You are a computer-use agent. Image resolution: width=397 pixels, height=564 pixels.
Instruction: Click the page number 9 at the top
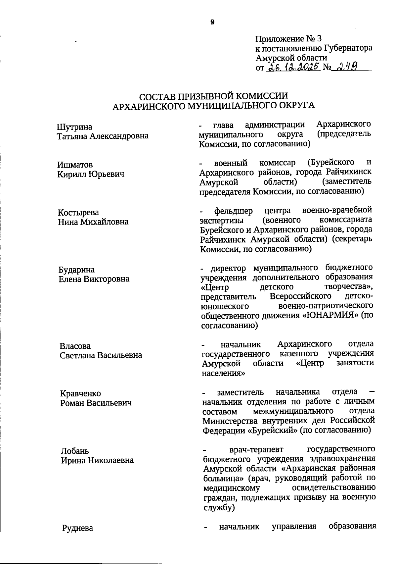coord(212,22)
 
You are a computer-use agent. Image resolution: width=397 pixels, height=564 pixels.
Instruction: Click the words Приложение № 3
coord(288,39)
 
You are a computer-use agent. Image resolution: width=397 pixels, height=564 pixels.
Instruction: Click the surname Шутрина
coord(75,127)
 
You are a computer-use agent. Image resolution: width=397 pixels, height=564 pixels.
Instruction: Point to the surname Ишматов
coord(75,165)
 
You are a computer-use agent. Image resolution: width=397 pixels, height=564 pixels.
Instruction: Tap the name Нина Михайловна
coord(93,222)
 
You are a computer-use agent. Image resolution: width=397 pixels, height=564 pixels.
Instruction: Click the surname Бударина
coord(76,270)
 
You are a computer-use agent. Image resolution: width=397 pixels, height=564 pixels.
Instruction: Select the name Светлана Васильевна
coord(101,355)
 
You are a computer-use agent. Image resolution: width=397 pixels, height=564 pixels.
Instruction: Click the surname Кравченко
coord(80,394)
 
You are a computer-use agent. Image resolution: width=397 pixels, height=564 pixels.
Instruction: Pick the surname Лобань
coord(75,451)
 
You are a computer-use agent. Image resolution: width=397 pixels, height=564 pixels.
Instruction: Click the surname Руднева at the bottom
coord(78,528)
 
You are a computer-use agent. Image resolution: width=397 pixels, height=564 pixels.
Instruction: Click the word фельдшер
coord(233,211)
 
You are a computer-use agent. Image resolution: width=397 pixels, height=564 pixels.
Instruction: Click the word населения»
coord(224,373)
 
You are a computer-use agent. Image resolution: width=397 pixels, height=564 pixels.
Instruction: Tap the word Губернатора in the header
coord(347,48)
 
